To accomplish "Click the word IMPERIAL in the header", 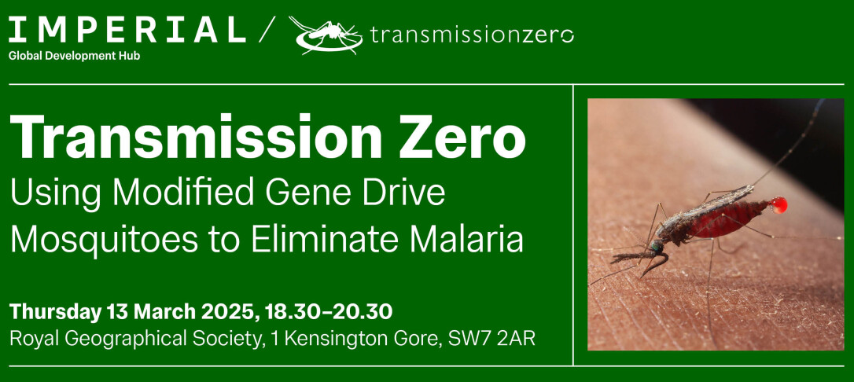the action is (127, 31).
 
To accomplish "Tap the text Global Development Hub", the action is (74, 56).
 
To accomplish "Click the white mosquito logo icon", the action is (326, 35).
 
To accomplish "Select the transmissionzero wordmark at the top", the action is (472, 35).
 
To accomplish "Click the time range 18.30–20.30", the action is (329, 312).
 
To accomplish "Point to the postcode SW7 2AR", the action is (491, 339).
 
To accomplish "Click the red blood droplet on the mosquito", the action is (779, 204).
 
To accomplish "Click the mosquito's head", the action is (657, 247).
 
